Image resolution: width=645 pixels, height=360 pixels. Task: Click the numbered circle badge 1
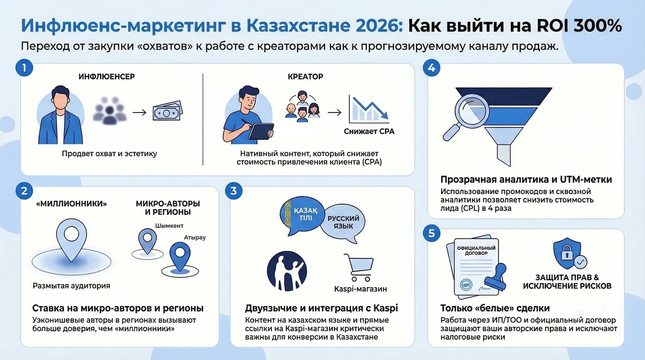(x=24, y=68)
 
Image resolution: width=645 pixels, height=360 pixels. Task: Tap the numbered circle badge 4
(x=432, y=68)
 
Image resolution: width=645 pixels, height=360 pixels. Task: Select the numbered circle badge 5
(x=432, y=233)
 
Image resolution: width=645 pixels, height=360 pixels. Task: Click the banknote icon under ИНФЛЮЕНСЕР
(x=167, y=112)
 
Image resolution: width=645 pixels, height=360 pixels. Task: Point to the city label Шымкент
(x=169, y=226)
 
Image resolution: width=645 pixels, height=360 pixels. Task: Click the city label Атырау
(x=195, y=237)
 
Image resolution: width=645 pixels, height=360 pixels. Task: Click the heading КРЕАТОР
(x=305, y=76)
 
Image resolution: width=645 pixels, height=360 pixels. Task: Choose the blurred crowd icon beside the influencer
(x=109, y=111)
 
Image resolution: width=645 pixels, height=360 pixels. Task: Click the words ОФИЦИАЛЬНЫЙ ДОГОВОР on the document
(x=476, y=251)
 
